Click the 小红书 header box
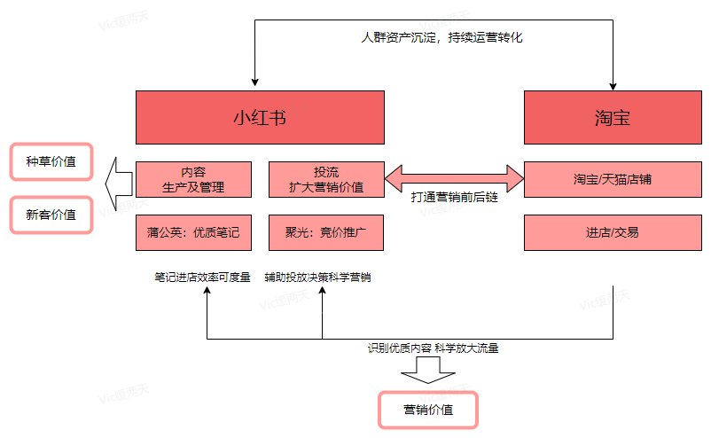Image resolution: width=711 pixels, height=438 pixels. click(259, 117)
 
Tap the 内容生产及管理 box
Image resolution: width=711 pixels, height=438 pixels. click(193, 179)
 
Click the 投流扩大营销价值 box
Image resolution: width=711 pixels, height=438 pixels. click(325, 179)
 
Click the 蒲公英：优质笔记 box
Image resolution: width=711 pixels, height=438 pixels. click(193, 232)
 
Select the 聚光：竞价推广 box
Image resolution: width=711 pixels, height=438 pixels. click(325, 232)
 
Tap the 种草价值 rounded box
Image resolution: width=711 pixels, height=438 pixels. click(51, 161)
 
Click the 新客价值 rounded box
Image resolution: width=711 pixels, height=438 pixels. click(51, 215)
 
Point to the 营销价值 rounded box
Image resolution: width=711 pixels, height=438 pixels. click(428, 410)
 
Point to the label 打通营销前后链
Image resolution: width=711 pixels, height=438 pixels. click(454, 198)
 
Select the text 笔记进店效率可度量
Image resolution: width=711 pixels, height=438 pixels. click(202, 278)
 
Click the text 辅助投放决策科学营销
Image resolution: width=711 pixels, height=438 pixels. click(317, 278)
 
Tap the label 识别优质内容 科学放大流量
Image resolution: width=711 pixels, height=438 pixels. click(434, 348)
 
